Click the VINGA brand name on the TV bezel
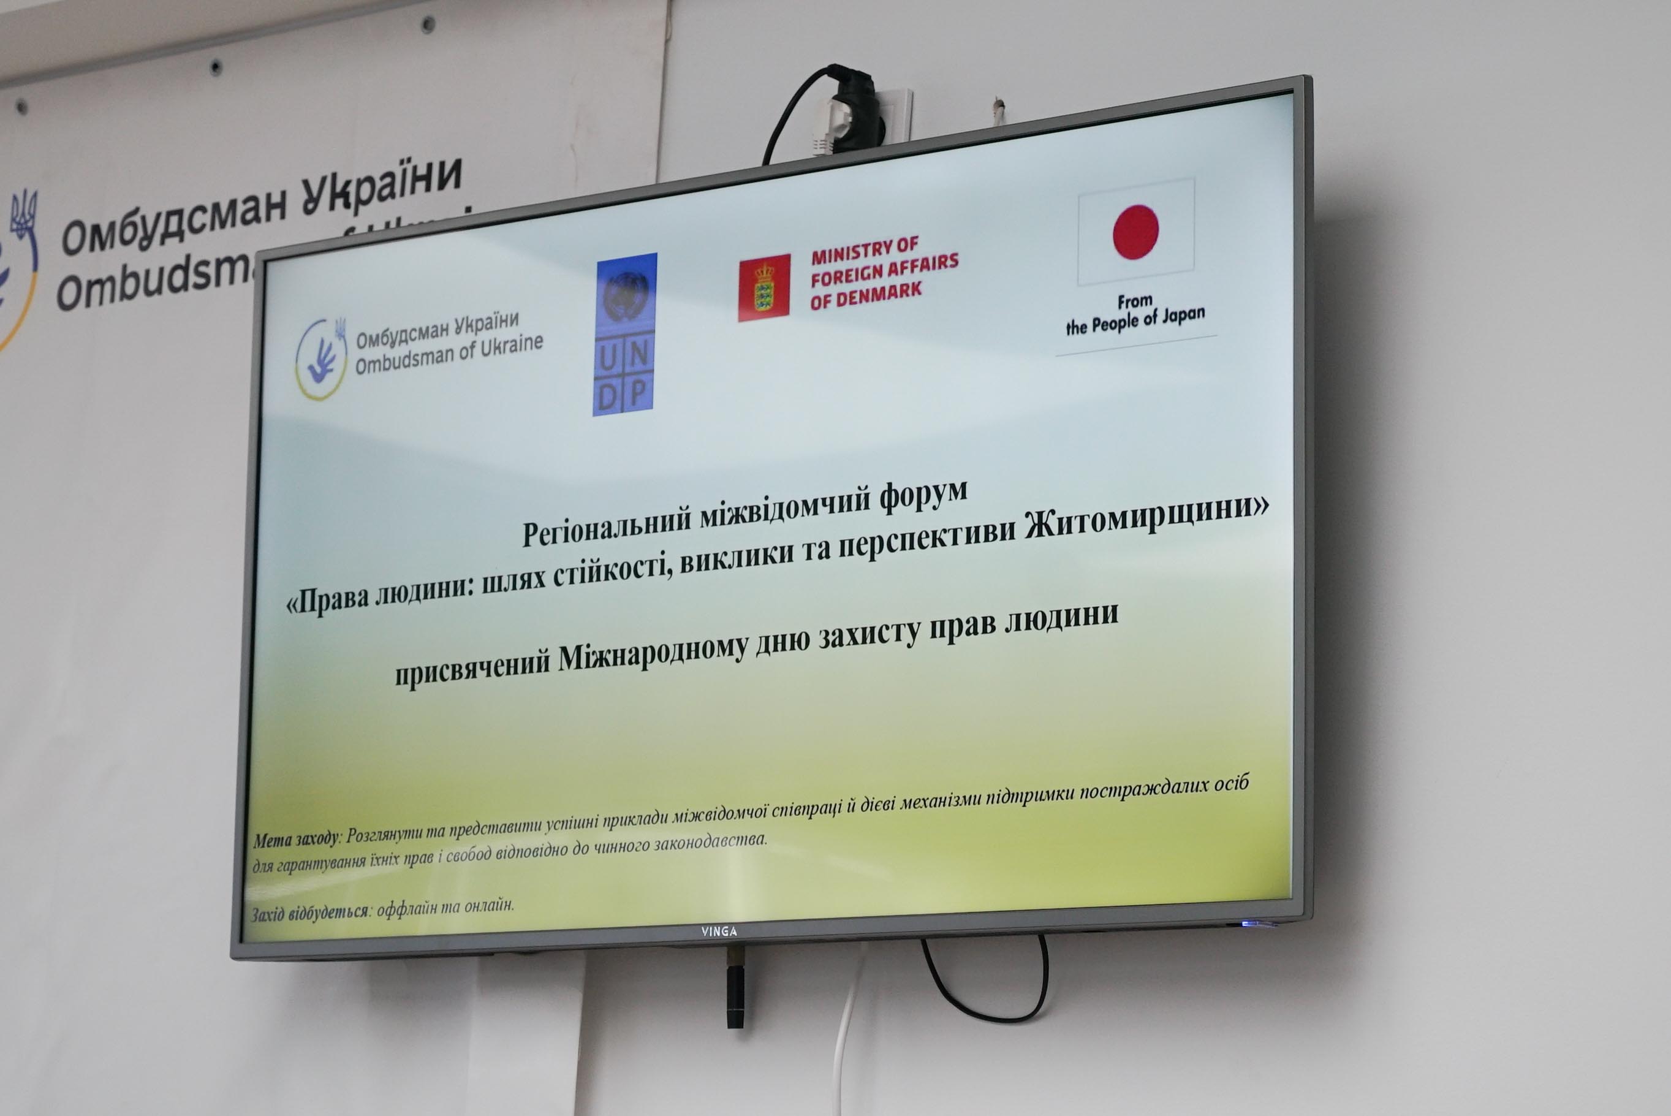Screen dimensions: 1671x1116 pyautogui.click(x=719, y=931)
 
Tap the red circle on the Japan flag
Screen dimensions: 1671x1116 pyautogui.click(x=1136, y=231)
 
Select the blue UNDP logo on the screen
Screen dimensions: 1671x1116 pyautogui.click(x=624, y=334)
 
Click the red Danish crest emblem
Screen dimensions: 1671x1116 pyautogui.click(x=764, y=288)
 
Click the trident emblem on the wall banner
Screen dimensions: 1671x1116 pyautogui.click(x=24, y=212)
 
